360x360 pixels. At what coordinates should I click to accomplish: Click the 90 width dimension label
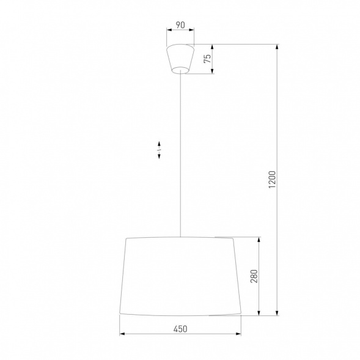[x=180, y=25]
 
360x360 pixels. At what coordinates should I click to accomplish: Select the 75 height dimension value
[x=207, y=59]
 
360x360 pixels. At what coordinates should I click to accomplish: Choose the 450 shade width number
[x=180, y=328]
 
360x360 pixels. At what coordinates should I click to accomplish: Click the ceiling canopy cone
[x=180, y=58]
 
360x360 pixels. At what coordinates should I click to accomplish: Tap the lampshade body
[x=180, y=276]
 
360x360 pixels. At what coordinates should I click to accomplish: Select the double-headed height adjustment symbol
[x=159, y=150]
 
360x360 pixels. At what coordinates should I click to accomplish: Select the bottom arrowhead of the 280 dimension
[x=261, y=314]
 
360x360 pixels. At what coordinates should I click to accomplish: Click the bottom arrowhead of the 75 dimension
[x=213, y=71]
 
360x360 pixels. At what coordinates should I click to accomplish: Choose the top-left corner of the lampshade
[x=125, y=238]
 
